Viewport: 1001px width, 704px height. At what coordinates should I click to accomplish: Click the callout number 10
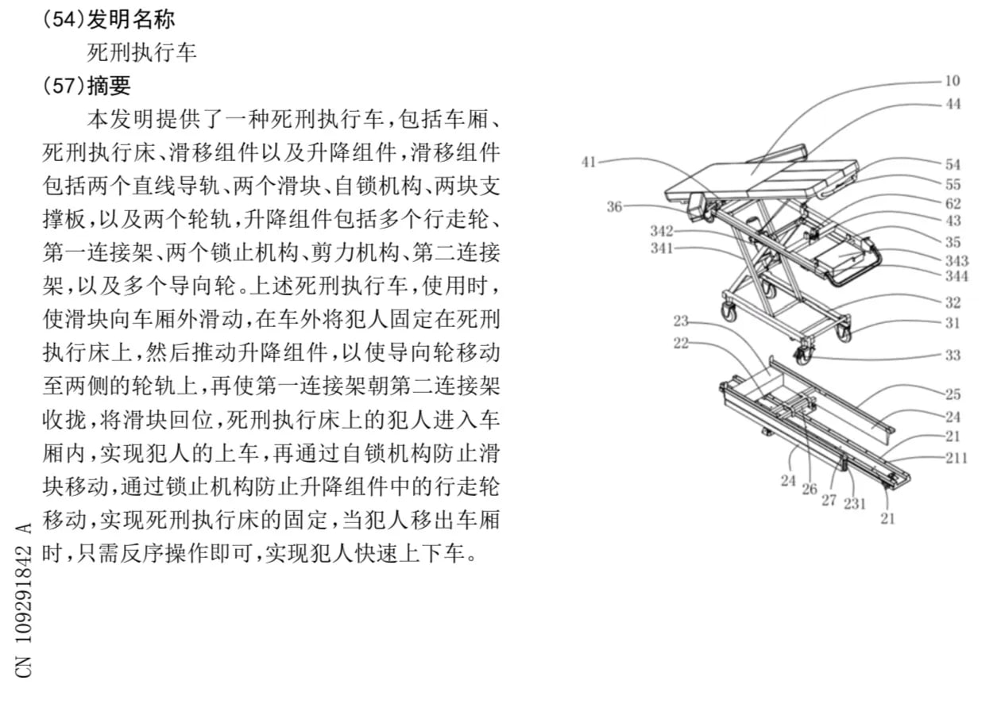click(953, 81)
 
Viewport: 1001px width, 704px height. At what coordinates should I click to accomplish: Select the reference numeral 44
click(953, 104)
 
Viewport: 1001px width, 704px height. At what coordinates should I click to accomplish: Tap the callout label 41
click(589, 162)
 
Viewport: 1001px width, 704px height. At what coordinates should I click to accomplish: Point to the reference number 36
click(614, 206)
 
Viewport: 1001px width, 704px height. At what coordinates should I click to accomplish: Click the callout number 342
click(661, 231)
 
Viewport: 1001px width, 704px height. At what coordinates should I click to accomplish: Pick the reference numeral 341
click(661, 248)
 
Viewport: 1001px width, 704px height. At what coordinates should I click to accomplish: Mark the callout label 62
click(953, 203)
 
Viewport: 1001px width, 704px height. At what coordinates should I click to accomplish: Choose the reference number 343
click(957, 260)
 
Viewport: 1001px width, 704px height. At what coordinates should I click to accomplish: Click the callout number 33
click(953, 356)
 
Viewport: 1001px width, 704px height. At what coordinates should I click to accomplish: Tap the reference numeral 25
click(953, 394)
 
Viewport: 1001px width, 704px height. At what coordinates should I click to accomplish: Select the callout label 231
click(855, 503)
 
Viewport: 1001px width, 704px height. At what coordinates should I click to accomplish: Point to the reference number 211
click(956, 458)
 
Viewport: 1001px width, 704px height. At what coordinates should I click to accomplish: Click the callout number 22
click(681, 343)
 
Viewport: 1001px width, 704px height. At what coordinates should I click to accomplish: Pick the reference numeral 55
click(953, 184)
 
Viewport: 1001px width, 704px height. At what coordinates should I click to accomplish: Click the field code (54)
click(64, 19)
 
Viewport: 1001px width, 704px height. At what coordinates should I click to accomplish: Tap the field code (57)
click(64, 85)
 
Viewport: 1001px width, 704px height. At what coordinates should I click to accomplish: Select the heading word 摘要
click(109, 86)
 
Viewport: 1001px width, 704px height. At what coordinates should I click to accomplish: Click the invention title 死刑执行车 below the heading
click(141, 52)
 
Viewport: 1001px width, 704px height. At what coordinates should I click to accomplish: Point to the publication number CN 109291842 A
click(24, 599)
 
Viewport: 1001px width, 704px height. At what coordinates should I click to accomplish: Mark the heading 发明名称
click(131, 20)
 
